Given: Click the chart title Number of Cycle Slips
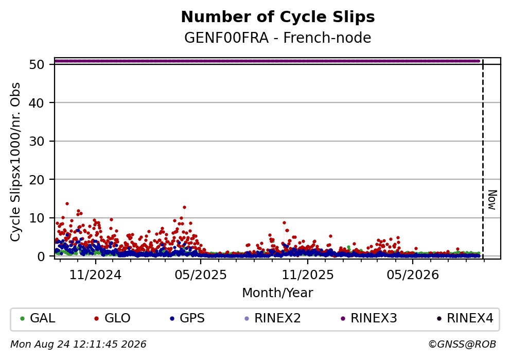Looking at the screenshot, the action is pos(278,17).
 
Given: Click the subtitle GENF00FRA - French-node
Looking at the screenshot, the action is pos(278,38).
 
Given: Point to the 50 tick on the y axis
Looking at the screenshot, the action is pos(37,64).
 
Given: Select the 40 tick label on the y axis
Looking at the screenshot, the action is pos(37,103).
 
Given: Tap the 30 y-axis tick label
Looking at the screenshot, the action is pos(37,141).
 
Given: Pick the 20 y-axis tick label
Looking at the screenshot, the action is pos(37,180).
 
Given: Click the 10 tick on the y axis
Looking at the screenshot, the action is pos(37,218).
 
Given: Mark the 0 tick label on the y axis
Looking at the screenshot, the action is pos(41,256).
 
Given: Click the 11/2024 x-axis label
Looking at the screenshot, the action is pos(95,275).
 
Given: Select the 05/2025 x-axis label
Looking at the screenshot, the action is pos(200,275).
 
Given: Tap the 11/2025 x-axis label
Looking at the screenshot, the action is pos(308,275).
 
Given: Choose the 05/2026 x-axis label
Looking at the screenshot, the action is pos(413,275).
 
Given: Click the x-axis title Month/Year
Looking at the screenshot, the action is pos(278,293).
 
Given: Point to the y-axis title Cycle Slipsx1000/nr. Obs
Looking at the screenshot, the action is pos(15,162).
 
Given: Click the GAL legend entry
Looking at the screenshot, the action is pos(38,318).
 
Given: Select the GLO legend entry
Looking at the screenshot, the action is pos(112,318).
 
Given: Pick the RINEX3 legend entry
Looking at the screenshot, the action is pos(369,318).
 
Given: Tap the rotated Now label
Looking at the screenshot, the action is pos(492,200).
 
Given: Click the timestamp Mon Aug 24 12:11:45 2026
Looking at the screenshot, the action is pos(79,345).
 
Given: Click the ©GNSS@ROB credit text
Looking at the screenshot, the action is pos(462,345).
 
